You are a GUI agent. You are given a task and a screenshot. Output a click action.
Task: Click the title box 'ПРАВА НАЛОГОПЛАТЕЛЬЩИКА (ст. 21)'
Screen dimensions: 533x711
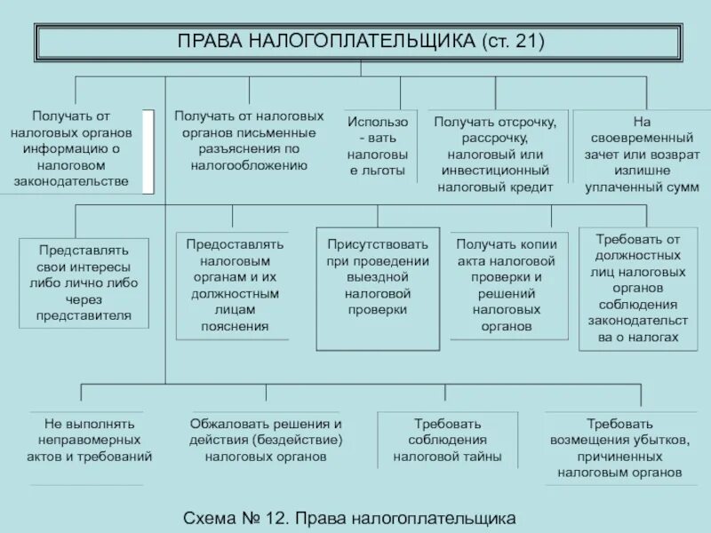(x=360, y=42)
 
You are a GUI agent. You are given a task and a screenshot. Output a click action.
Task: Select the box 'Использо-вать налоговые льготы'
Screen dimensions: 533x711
(x=378, y=146)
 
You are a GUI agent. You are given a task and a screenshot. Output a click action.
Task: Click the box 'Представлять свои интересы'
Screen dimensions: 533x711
(x=84, y=282)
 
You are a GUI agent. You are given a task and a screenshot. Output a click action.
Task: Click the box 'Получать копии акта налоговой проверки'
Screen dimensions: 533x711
(x=507, y=284)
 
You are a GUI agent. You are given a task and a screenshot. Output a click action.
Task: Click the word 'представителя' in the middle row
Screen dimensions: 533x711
(x=84, y=314)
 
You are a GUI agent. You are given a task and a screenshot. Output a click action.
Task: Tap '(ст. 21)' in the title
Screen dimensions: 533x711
(x=513, y=42)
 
